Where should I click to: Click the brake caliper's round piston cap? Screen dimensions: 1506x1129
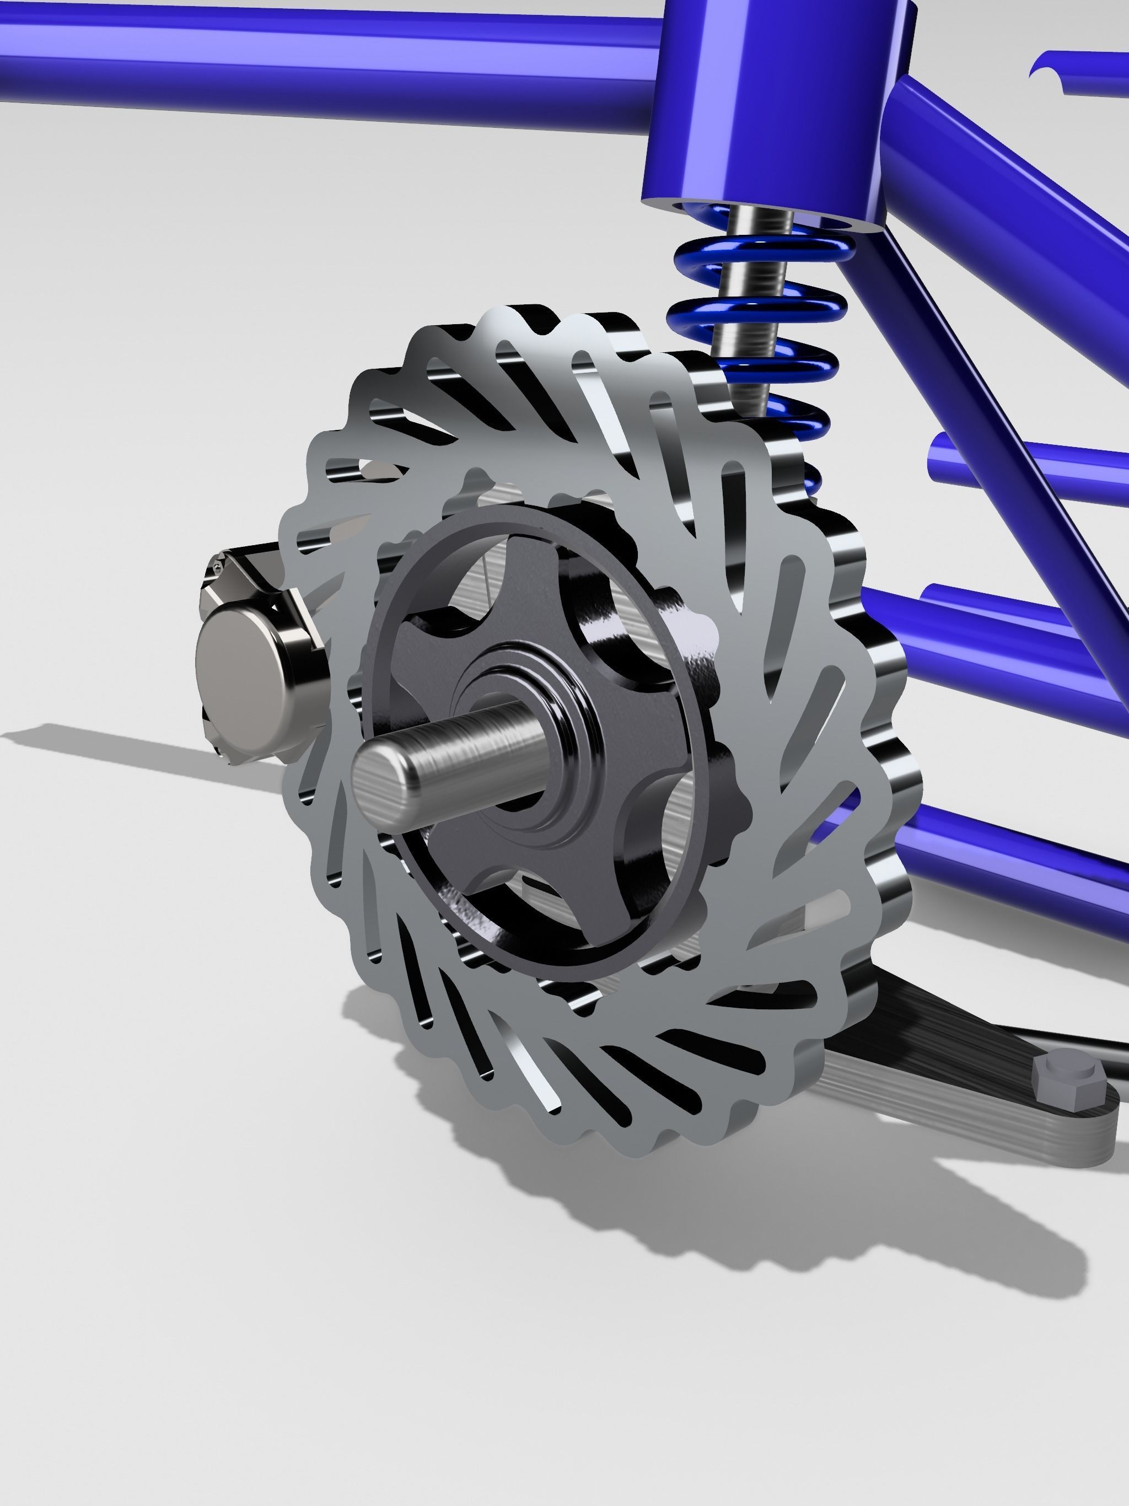pyautogui.click(x=235, y=664)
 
